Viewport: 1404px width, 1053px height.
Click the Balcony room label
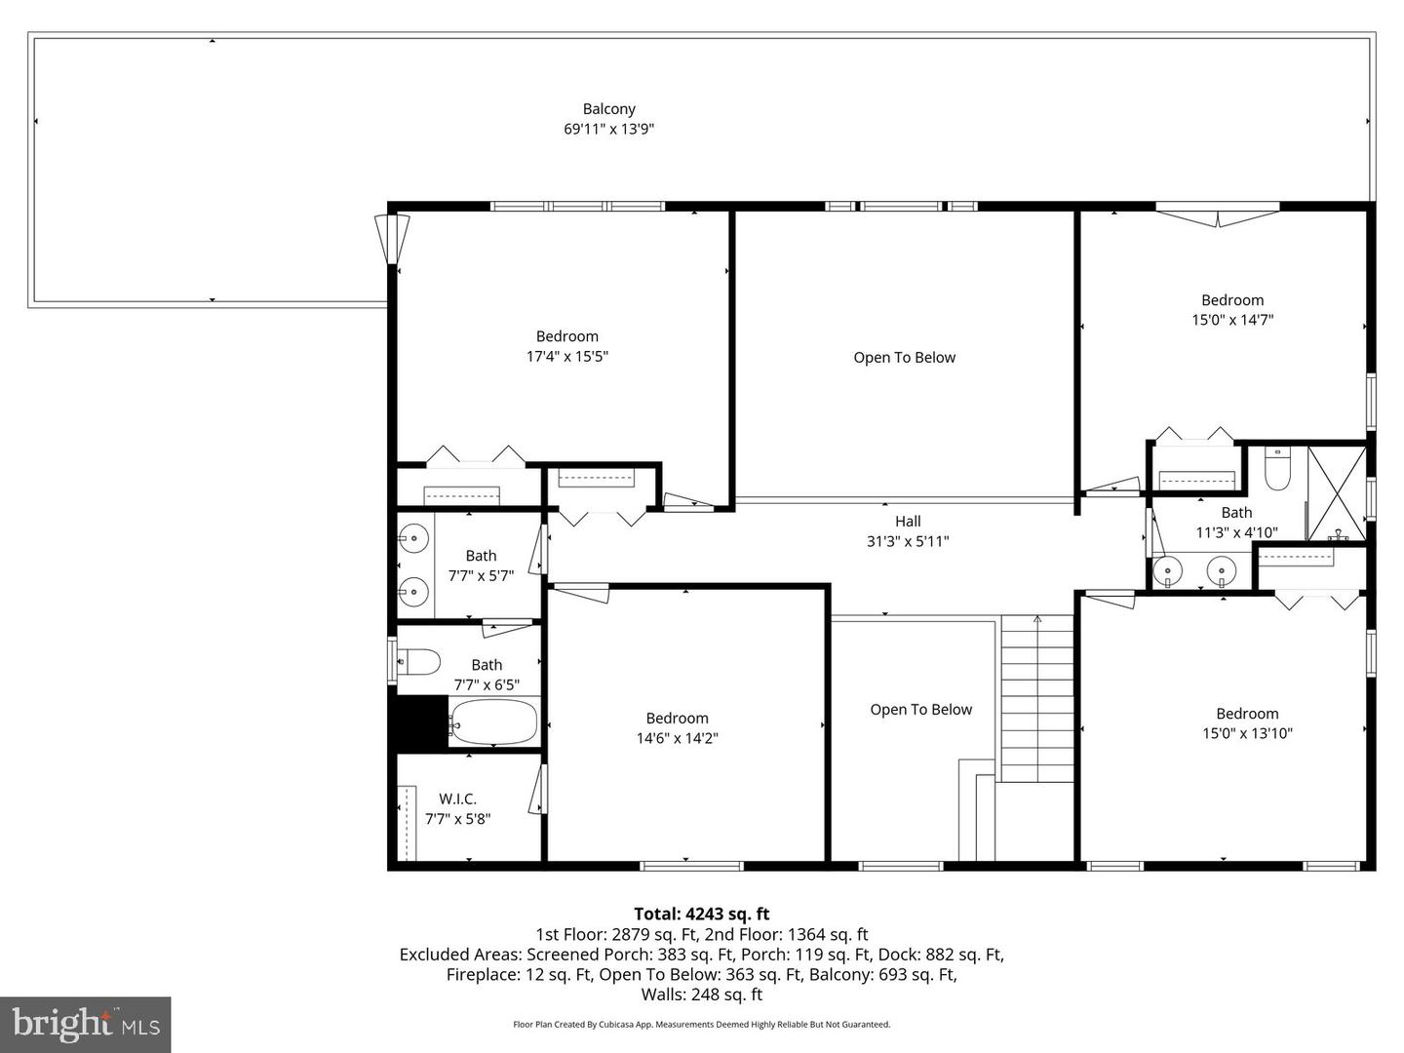(x=608, y=109)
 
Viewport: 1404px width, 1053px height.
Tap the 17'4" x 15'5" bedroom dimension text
(x=566, y=356)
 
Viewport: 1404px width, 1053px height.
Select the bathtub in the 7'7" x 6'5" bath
(x=492, y=721)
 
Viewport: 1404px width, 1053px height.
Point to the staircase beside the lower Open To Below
(x=1036, y=698)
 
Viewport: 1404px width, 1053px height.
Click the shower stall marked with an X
(x=1337, y=493)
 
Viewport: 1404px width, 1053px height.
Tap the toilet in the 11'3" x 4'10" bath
(x=1277, y=469)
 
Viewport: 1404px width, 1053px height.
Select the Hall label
(x=908, y=521)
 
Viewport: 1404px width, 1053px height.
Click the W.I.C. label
(x=457, y=799)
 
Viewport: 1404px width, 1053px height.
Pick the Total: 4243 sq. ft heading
(x=702, y=914)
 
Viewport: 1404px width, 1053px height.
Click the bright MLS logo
(x=85, y=1024)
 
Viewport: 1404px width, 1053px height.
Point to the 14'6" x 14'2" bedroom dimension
(x=677, y=738)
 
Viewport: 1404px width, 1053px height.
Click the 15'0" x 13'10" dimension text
(x=1247, y=733)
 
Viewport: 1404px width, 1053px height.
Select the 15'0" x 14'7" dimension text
(x=1232, y=320)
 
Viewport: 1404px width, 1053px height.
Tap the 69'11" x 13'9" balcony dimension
(x=608, y=129)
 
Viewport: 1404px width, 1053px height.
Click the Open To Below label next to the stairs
(x=920, y=710)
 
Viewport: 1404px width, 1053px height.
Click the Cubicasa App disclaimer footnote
(x=702, y=1024)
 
